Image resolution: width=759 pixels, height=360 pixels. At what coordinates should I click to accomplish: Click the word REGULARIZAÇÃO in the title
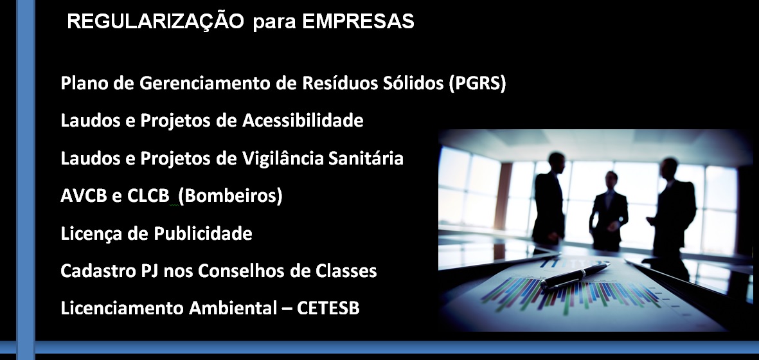(x=156, y=21)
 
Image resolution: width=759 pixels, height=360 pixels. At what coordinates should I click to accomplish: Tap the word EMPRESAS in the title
(x=358, y=21)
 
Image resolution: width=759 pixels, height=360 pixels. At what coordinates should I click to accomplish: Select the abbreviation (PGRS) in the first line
(x=478, y=83)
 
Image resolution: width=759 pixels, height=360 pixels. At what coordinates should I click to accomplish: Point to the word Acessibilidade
(x=303, y=120)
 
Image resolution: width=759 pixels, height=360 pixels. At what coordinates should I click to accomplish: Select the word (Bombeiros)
(x=230, y=196)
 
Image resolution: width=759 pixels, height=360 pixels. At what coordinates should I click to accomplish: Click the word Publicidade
(x=203, y=234)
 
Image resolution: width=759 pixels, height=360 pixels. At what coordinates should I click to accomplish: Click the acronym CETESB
(x=328, y=308)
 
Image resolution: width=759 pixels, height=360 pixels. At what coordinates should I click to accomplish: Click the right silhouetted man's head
(x=670, y=167)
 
